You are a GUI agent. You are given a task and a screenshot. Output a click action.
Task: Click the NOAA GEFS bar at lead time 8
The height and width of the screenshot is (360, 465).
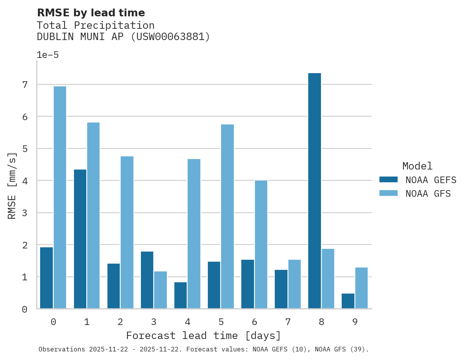tap(314, 191)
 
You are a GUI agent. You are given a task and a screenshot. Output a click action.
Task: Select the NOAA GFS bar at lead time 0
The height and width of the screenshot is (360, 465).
tap(60, 197)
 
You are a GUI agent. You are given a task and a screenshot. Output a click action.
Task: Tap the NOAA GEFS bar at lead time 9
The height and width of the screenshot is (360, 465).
tap(348, 301)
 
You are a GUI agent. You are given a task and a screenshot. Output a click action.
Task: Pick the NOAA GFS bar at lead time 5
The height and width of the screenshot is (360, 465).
tap(227, 217)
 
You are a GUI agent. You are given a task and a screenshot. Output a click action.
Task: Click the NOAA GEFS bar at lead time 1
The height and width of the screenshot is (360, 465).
tap(80, 239)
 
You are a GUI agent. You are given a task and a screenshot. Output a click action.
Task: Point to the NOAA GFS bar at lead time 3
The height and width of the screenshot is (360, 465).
tap(160, 290)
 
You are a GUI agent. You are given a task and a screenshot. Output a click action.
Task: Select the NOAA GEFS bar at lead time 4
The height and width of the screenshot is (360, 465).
tap(181, 295)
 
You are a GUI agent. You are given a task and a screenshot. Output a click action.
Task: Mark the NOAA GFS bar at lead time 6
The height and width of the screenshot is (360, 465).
tap(261, 245)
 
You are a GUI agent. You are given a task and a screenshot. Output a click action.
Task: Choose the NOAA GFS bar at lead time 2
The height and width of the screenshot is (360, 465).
tap(127, 232)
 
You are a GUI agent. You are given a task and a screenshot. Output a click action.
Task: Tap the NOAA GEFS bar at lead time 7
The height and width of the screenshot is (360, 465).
tap(281, 289)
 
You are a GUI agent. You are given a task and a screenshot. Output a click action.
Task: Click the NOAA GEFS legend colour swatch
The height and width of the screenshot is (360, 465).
tap(388, 179)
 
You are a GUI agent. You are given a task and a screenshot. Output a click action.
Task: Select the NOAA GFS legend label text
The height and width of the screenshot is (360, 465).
tap(428, 194)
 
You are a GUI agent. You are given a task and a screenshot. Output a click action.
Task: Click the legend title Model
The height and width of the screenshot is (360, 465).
tap(417, 166)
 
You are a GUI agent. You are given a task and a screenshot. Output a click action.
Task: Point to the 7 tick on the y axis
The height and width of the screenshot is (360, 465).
tap(25, 85)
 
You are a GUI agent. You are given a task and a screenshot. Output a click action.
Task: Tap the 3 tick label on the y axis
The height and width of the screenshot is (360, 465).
tap(25, 213)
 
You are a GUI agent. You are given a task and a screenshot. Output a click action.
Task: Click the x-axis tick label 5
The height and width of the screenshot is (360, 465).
tap(221, 322)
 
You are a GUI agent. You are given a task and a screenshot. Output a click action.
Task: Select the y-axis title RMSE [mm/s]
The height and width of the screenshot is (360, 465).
tap(12, 186)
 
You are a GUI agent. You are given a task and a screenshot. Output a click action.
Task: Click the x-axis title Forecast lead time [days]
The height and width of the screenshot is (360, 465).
tap(204, 336)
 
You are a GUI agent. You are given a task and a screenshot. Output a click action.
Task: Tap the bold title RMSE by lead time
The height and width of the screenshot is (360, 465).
tap(91, 13)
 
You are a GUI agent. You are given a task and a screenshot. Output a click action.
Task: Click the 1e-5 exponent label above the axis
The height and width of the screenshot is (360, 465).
tap(47, 55)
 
